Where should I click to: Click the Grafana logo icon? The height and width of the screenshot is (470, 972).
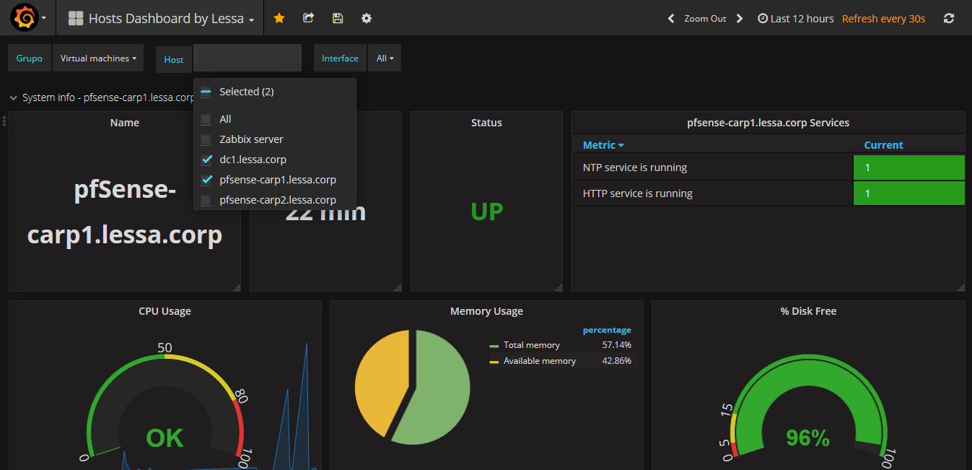point(24,18)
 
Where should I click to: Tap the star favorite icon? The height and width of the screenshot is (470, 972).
point(279,18)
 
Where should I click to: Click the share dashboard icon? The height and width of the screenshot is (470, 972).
point(308,18)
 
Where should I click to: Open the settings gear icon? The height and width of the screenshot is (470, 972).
point(367,18)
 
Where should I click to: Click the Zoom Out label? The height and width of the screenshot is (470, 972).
point(705,19)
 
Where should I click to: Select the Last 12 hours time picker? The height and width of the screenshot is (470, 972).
point(795,19)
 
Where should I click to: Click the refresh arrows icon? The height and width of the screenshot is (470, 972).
point(949,19)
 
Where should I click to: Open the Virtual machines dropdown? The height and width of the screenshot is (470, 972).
point(98,58)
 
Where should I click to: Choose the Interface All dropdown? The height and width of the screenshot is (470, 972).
point(385,58)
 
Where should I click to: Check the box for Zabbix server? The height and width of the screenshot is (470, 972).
point(206,139)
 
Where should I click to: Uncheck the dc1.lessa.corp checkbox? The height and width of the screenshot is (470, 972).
point(206,160)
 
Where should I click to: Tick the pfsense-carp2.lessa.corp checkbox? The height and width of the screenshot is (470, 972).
point(206,200)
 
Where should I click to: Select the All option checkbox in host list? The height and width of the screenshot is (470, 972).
point(206,119)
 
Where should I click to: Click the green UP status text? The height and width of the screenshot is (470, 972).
point(486,212)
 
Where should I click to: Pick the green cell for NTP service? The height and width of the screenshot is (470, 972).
point(908,167)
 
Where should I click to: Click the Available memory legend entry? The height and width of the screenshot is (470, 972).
point(539,361)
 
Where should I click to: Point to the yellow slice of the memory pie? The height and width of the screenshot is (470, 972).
point(380,380)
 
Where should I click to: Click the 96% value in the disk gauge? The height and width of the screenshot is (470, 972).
point(807,438)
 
